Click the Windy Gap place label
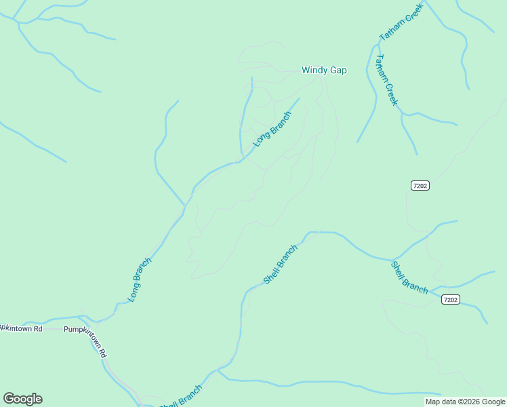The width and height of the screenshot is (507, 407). [x=324, y=70]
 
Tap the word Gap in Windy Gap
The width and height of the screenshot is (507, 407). [x=338, y=70]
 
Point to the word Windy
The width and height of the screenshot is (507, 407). [x=315, y=70]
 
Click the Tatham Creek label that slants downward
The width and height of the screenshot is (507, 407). [x=386, y=80]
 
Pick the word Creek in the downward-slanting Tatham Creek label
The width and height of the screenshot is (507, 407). [x=391, y=93]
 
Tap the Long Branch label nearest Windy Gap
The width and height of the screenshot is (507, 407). [x=272, y=129]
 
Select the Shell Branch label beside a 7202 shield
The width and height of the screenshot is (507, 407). [x=409, y=277]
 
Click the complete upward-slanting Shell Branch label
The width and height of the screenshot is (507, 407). [x=280, y=264]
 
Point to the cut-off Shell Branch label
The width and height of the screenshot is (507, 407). [x=182, y=398]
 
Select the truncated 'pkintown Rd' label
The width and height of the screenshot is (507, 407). [x=21, y=328]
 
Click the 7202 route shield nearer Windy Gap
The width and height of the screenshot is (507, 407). [x=420, y=185]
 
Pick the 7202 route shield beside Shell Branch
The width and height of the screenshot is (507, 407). [x=450, y=299]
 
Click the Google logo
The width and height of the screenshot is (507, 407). [x=22, y=399]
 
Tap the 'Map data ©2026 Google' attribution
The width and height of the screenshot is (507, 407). [x=465, y=402]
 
